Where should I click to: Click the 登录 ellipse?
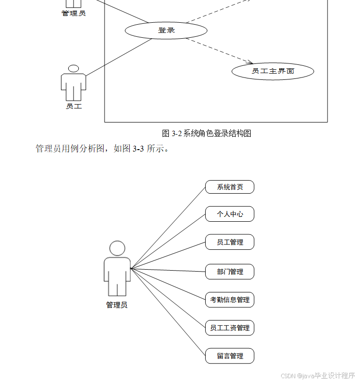coord(166,31)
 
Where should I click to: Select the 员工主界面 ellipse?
coord(272,71)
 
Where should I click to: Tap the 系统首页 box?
coord(229,187)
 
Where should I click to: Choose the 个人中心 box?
coord(229,214)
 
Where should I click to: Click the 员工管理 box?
coord(229,242)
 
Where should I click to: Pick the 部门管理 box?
coord(229,272)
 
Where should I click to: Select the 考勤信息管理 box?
coord(229,300)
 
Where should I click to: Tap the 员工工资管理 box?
coord(229,328)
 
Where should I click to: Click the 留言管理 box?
coord(229,356)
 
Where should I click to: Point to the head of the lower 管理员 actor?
coord(117,248)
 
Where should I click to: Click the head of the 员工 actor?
coord(74,69)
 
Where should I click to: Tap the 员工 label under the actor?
coord(74,106)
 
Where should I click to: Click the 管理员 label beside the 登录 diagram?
coord(74,13)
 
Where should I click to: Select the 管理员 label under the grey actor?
coord(117,305)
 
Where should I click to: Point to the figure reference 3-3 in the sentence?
coord(138,149)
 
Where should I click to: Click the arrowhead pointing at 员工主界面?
coord(251,62)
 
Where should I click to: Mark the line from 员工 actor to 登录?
coord(119,57)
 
